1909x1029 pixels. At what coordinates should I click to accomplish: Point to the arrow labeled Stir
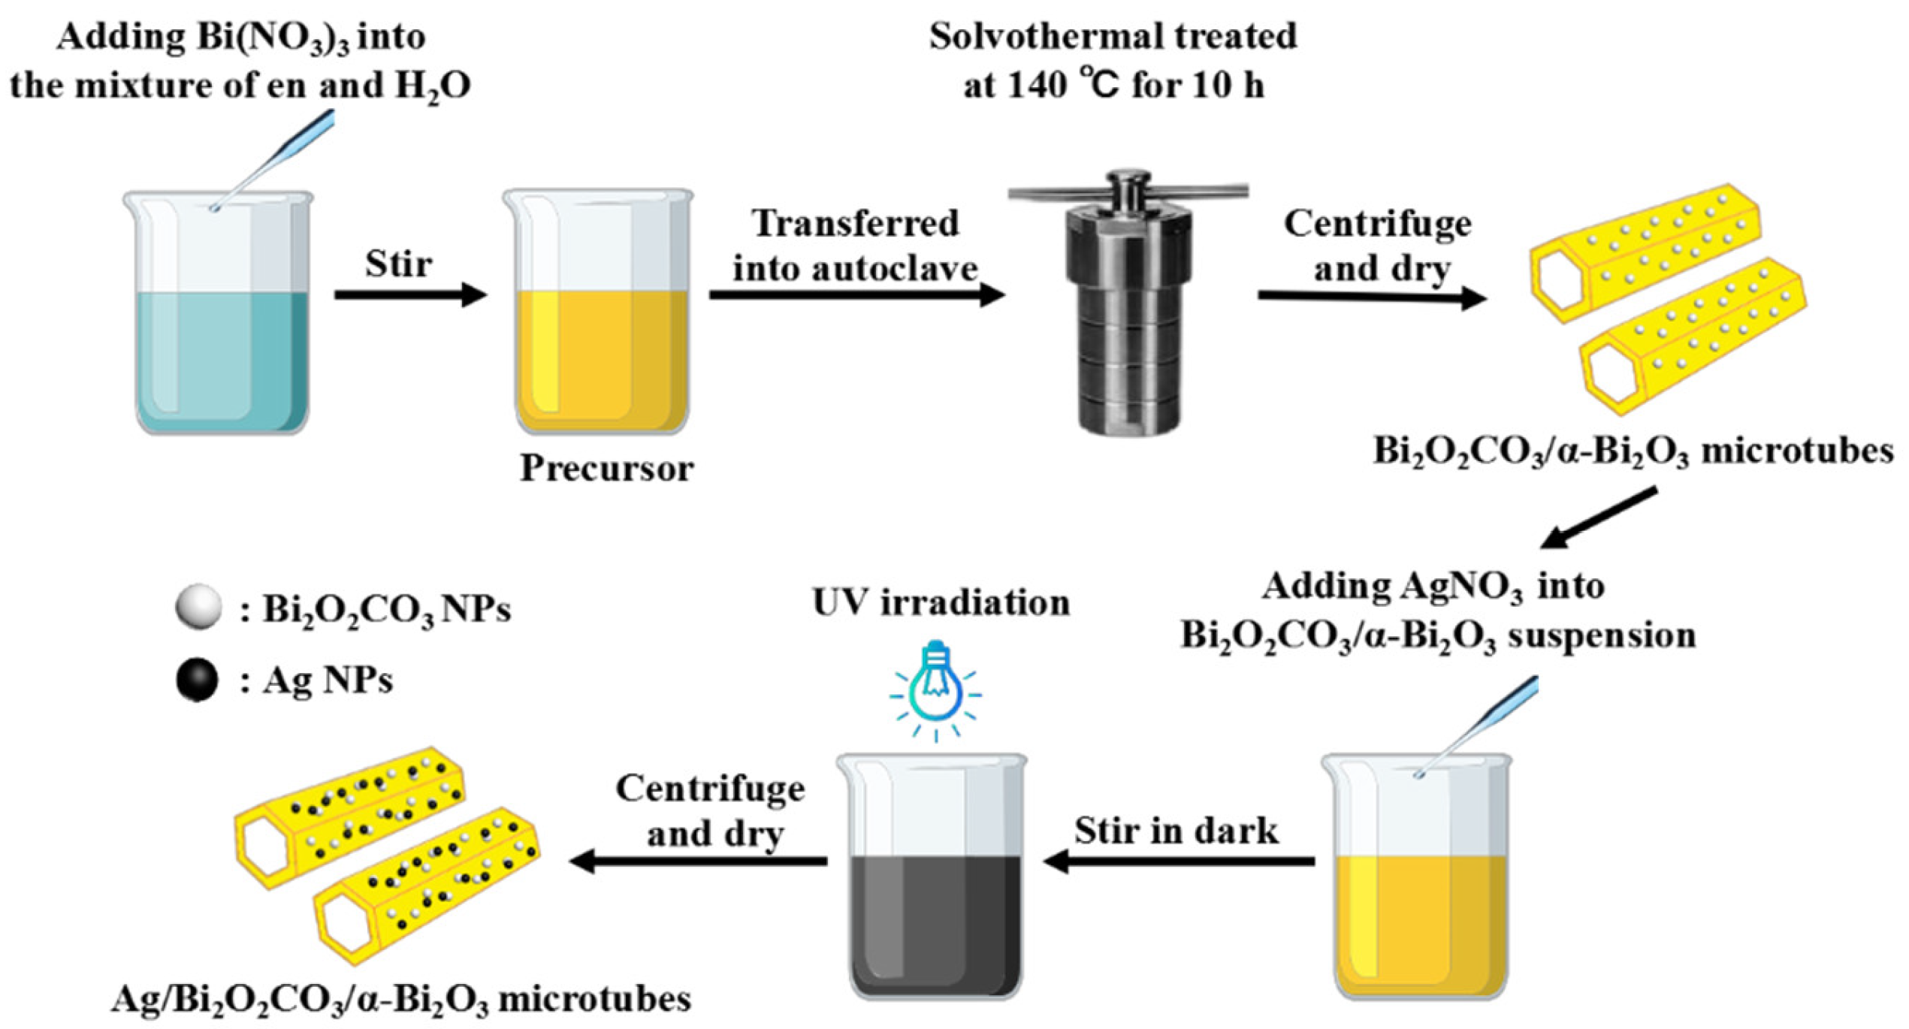coord(409,294)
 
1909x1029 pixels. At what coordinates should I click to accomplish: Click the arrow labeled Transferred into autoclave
coord(856,295)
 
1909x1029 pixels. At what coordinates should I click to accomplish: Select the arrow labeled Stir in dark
coord(1180,862)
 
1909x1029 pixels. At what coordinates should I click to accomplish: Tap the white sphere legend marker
coord(198,606)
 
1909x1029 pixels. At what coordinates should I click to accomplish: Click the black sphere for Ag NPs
coord(197,680)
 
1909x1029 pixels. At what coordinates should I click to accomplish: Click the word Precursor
coord(606,468)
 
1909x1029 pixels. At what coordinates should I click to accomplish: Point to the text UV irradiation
coord(941,602)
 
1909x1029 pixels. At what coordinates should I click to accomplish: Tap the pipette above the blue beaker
coord(278,158)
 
